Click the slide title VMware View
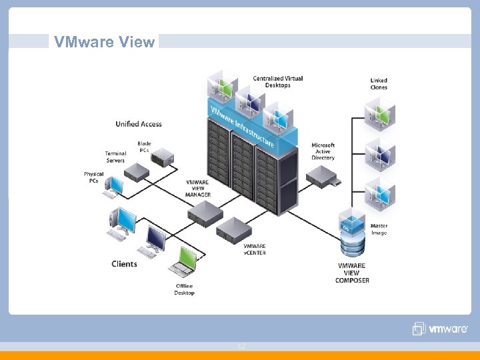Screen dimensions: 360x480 click(105, 42)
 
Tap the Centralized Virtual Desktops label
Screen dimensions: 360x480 click(278, 81)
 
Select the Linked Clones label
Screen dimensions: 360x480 click(379, 83)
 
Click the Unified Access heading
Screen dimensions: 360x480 click(139, 123)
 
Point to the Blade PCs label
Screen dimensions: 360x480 click(144, 147)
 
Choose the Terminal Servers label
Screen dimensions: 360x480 click(115, 157)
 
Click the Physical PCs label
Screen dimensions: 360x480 click(94, 177)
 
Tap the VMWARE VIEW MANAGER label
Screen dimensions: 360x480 click(199, 188)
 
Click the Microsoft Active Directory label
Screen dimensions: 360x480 click(323, 151)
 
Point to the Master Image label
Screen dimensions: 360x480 click(379, 229)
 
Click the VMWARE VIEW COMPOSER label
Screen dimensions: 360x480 click(352, 273)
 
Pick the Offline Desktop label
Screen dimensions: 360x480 click(185, 289)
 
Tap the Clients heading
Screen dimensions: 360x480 click(125, 264)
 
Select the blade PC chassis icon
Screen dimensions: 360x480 click(162, 158)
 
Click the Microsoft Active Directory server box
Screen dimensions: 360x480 click(324, 176)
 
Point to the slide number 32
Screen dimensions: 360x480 click(241, 347)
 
